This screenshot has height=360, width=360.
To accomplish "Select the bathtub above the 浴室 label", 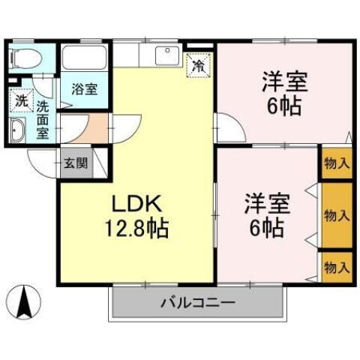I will click(85, 58).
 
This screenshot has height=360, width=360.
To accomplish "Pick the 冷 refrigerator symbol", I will click(199, 65).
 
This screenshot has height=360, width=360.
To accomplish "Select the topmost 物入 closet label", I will click(337, 163).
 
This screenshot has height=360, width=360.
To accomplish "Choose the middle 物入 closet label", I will click(337, 215).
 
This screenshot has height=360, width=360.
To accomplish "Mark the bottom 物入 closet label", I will click(337, 265).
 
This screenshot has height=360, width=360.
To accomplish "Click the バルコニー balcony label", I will click(198, 304).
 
